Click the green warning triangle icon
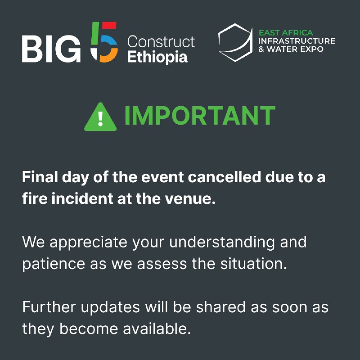point(100,117)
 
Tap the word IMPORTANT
point(200,115)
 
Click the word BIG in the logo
point(51,49)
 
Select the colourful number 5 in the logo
point(104,42)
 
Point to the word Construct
point(161,41)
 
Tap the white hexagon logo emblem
point(235,42)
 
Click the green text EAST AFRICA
point(286,32)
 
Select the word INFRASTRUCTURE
point(297,41)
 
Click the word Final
point(40,177)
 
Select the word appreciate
point(88,243)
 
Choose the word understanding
point(222,243)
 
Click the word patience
point(54,264)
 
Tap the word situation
point(254,264)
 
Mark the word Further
point(49,307)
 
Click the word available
point(157,328)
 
